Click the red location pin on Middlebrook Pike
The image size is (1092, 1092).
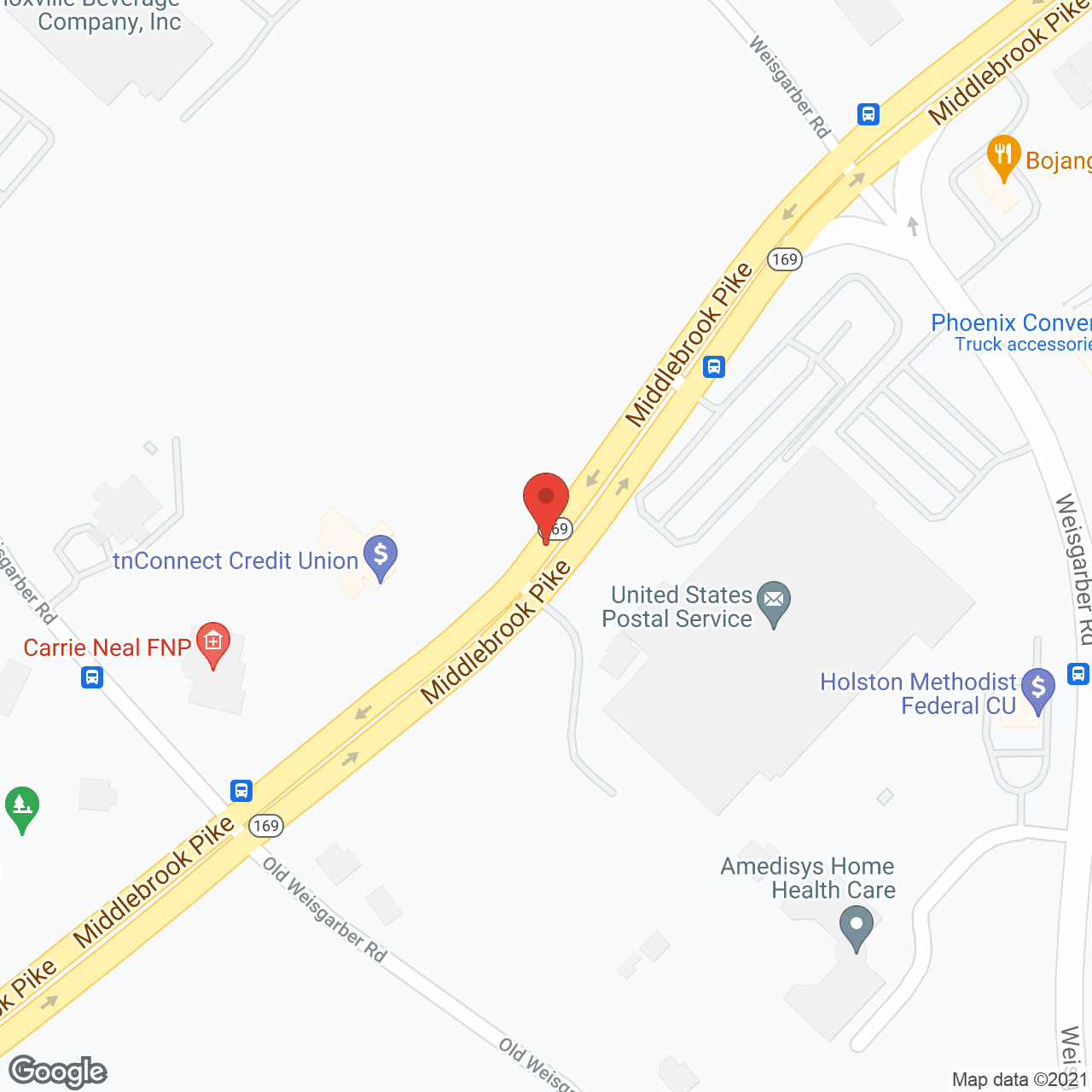[545, 500]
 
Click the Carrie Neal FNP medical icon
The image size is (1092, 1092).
[212, 642]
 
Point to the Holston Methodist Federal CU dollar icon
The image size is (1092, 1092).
[1038, 687]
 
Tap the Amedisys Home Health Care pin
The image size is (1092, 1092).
[856, 926]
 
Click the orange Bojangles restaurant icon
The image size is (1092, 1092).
[1003, 155]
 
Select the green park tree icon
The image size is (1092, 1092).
[21, 805]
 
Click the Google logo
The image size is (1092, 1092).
[57, 1072]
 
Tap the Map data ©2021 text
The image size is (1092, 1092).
[1019, 1080]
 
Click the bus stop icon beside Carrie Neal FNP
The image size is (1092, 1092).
[92, 677]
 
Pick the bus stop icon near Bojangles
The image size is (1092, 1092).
[868, 113]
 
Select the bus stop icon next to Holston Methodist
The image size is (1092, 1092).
[1078, 674]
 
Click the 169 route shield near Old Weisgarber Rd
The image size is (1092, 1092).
[266, 825]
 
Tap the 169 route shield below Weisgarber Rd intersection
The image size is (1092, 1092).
[784, 258]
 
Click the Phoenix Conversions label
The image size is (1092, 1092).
[1011, 323]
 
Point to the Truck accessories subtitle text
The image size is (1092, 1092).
[1023, 345]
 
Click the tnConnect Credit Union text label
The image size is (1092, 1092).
[235, 561]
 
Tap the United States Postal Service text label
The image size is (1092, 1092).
[679, 607]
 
